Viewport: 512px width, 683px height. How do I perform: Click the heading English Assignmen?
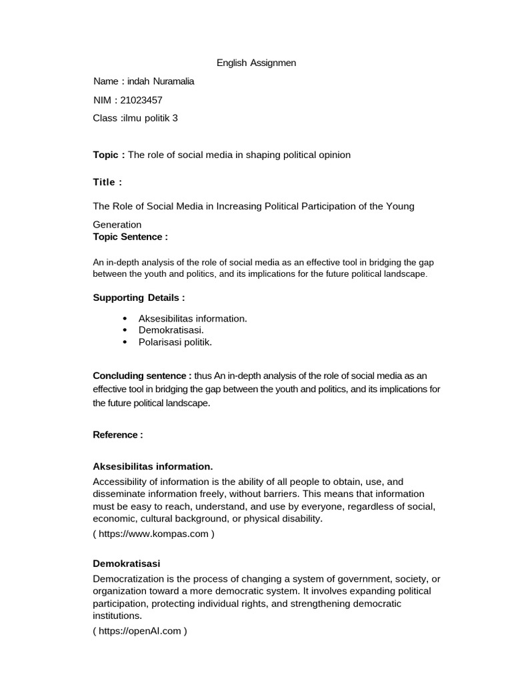pos(256,63)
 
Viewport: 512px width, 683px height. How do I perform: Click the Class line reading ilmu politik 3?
pos(135,118)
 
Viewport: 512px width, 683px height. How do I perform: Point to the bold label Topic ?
pos(109,155)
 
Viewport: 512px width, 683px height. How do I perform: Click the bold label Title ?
pos(107,182)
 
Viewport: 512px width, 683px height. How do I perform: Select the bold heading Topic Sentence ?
pos(130,237)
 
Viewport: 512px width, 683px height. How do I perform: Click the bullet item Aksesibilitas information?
pos(192,318)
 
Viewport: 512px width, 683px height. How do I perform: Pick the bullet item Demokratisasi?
pos(171,330)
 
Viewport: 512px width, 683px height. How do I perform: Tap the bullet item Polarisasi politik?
pos(175,342)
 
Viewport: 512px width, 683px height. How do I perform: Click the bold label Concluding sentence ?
pos(142,376)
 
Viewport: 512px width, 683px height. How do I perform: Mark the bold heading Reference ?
pos(117,435)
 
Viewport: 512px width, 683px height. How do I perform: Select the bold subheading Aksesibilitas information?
pos(153,466)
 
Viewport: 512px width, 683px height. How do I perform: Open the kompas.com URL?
pos(154,534)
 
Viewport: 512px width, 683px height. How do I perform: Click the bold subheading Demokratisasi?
pos(126,564)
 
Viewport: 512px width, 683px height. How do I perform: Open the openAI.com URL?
pos(140,631)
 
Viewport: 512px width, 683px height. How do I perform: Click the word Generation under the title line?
pos(117,225)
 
